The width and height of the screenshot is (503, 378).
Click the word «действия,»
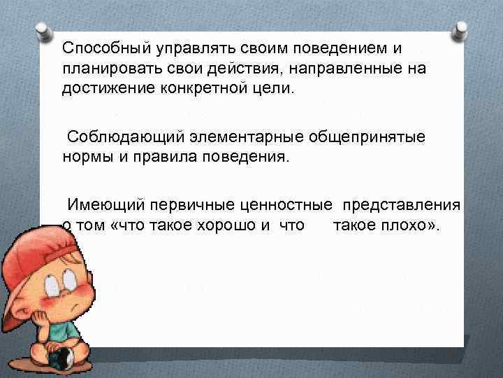coord(246,71)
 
